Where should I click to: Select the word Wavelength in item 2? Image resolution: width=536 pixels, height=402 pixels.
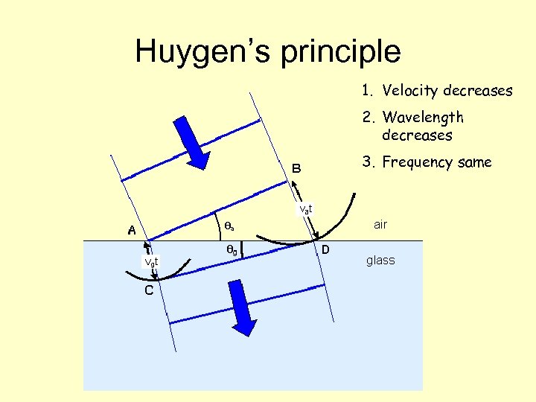point(423,118)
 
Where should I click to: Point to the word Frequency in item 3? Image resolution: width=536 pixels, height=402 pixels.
point(418,162)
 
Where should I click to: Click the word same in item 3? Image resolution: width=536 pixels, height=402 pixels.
point(474,162)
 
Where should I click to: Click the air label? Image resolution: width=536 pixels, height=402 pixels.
point(380,224)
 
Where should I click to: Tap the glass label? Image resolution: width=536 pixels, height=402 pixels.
point(380,261)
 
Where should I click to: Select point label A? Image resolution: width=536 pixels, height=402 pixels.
point(131,231)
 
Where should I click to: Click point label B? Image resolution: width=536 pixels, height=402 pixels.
point(296,169)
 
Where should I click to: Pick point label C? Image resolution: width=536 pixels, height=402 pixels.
point(149,290)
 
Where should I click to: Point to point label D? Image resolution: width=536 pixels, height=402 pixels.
point(326,250)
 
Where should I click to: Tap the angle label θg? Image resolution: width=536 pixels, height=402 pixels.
point(232,252)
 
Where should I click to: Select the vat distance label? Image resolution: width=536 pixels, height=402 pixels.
point(306,209)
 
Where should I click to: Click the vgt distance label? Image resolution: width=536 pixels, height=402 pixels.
point(151,261)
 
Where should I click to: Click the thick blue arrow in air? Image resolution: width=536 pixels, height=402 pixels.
point(195,141)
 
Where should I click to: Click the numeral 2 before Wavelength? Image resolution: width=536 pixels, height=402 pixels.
point(366,118)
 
